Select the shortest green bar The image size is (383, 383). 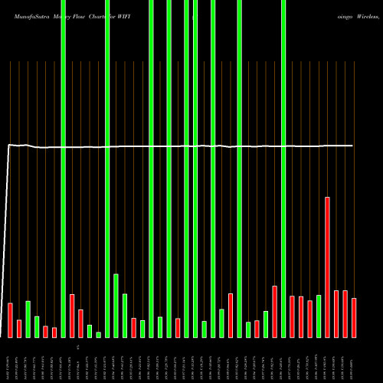99,335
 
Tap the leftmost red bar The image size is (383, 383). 11,320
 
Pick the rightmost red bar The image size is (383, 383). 354,318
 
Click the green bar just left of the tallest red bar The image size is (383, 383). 319,316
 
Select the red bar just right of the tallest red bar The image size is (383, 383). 336,314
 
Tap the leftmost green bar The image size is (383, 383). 28,319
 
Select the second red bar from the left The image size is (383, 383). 19,329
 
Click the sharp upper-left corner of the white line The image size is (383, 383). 9,145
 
